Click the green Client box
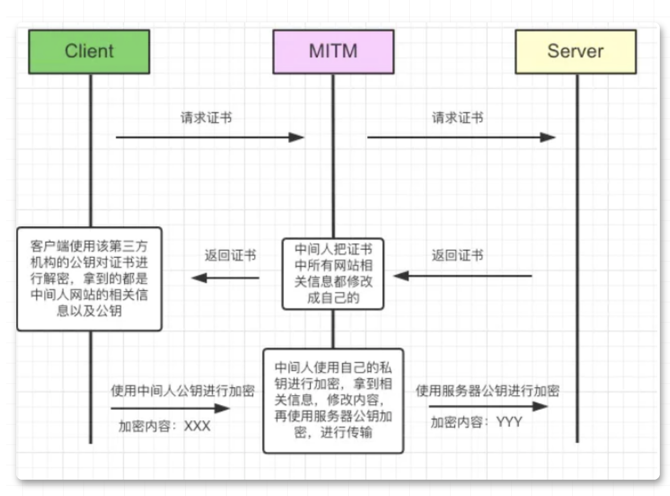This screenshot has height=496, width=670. pyautogui.click(x=89, y=51)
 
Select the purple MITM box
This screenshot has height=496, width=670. pyautogui.click(x=333, y=51)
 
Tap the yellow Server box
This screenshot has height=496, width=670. pyautogui.click(x=575, y=51)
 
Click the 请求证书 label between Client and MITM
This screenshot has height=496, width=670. pyautogui.click(x=206, y=118)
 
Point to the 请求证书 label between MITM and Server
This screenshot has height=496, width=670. pyautogui.click(x=458, y=118)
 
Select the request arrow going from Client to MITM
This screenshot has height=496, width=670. pyautogui.click(x=209, y=137)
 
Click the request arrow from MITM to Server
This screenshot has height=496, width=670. pyautogui.click(x=461, y=137)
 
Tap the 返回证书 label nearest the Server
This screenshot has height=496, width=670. pyautogui.click(x=458, y=255)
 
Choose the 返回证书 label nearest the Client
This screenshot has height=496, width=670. pyautogui.click(x=230, y=255)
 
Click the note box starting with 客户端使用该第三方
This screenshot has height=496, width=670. pyautogui.click(x=89, y=279)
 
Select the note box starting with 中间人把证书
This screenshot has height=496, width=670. pyautogui.click(x=333, y=273)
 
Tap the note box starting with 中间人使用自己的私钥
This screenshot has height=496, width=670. pyautogui.click(x=333, y=400)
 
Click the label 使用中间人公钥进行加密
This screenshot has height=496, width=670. pyautogui.click(x=183, y=391)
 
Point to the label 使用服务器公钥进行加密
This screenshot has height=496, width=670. pyautogui.click(x=487, y=391)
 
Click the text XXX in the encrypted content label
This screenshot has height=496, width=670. pyautogui.click(x=197, y=426)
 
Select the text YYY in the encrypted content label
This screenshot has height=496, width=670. pyautogui.click(x=509, y=422)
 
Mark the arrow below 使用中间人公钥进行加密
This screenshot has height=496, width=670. pyautogui.click(x=170, y=408)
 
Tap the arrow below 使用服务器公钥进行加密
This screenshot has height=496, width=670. pyautogui.click(x=488, y=406)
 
